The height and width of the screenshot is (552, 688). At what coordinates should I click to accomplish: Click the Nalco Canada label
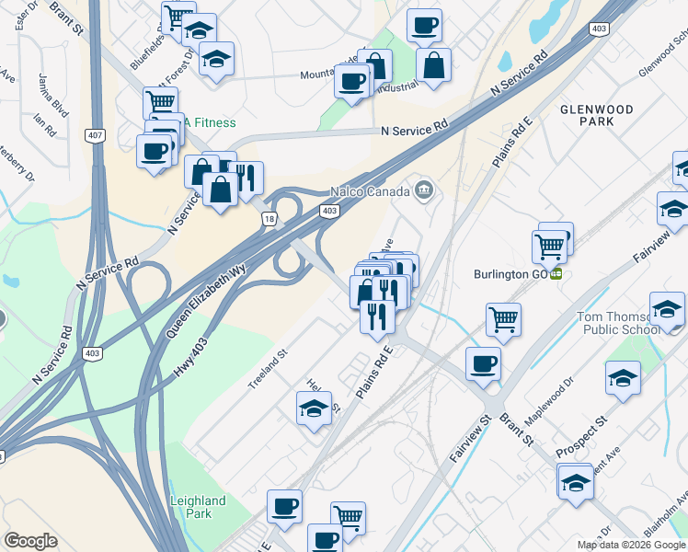pyautogui.click(x=371, y=192)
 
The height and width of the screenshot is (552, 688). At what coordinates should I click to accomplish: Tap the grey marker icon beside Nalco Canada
pyautogui.click(x=424, y=191)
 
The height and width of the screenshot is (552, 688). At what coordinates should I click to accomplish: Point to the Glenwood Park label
pyautogui.click(x=597, y=115)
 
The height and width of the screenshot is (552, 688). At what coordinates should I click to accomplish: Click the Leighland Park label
pyautogui.click(x=198, y=507)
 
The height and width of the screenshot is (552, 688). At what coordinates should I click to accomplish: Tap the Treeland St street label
pyautogui.click(x=269, y=367)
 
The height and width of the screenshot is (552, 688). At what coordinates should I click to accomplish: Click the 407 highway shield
pyautogui.click(x=95, y=136)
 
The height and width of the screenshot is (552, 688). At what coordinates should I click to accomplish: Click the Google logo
pyautogui.click(x=30, y=541)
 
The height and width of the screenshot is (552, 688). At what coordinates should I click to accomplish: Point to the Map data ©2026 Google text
pyautogui.click(x=631, y=545)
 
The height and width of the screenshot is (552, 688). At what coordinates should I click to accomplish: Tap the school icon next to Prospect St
pyautogui.click(x=623, y=378)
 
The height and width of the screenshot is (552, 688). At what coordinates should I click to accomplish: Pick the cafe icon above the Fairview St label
pyautogui.click(x=483, y=364)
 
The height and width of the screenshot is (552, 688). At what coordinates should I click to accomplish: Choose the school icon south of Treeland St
pyautogui.click(x=314, y=408)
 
